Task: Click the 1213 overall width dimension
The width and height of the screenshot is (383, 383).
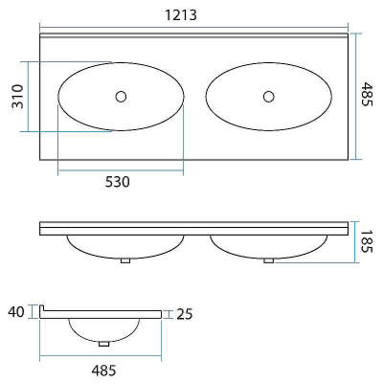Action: [x=181, y=14]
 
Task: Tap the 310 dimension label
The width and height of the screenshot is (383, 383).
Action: [x=18, y=97]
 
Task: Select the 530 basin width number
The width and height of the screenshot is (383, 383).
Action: [x=118, y=182]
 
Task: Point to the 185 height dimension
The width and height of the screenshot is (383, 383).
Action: [x=367, y=241]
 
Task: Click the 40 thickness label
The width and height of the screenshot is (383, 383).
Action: [x=16, y=312]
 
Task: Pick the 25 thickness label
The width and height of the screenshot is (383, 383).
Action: [x=185, y=314]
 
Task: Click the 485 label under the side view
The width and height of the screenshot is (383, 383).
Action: [x=103, y=371]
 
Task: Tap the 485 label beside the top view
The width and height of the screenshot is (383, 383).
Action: [x=367, y=95]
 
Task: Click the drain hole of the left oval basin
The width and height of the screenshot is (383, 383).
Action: [x=121, y=97]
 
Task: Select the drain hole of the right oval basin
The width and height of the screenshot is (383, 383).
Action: [x=269, y=97]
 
